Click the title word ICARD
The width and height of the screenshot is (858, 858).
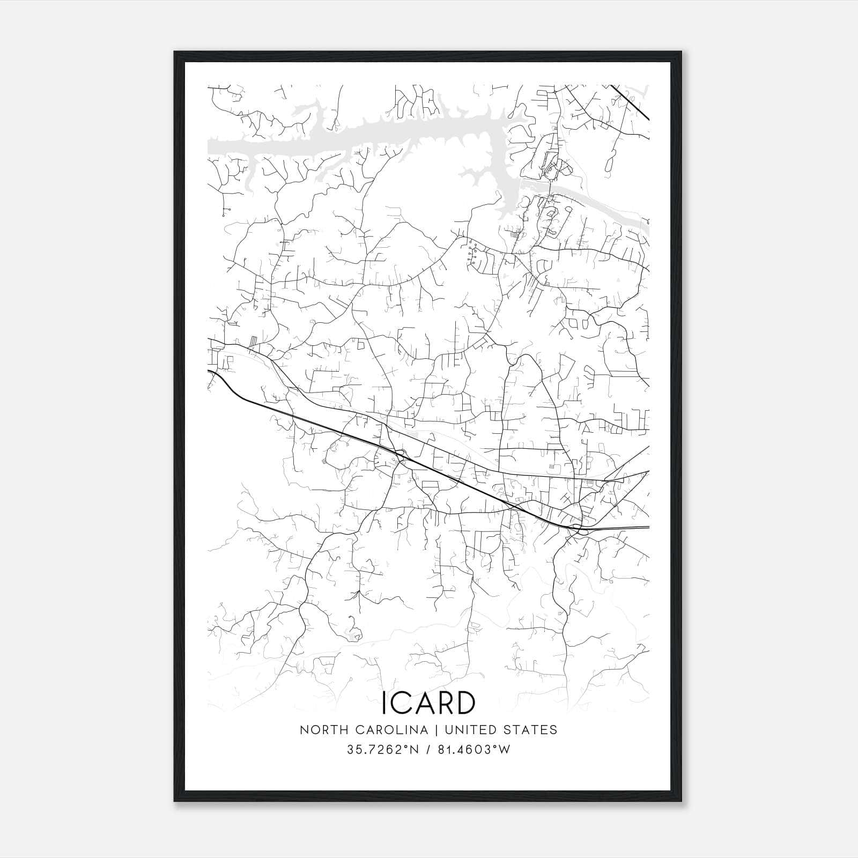point(428,702)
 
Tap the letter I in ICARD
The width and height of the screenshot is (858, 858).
point(384,702)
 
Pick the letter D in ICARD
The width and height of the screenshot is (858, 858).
point(465,702)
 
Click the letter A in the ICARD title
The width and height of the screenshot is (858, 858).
point(423,702)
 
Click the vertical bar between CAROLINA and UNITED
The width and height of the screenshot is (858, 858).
point(434,730)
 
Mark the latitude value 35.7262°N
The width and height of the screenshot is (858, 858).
point(381,749)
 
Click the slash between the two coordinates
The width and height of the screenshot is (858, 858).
point(427,749)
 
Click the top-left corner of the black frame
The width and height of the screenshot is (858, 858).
point(175,53)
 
